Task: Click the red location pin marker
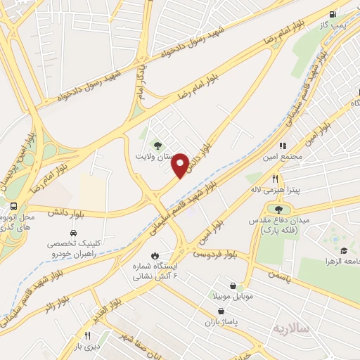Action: [181, 165]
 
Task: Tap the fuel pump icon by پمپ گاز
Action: [332, 13]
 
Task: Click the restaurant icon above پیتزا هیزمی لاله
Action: [276, 179]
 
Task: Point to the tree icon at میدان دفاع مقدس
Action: [279, 209]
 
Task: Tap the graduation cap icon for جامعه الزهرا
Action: [344, 251]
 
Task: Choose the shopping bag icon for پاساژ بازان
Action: [222, 311]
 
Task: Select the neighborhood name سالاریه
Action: [292, 328]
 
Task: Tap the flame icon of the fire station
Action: [155, 255]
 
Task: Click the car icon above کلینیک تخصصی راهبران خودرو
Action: [73, 233]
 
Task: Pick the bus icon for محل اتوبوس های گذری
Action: [14, 206]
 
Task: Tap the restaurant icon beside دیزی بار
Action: [88, 336]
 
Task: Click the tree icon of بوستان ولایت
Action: [157, 145]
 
